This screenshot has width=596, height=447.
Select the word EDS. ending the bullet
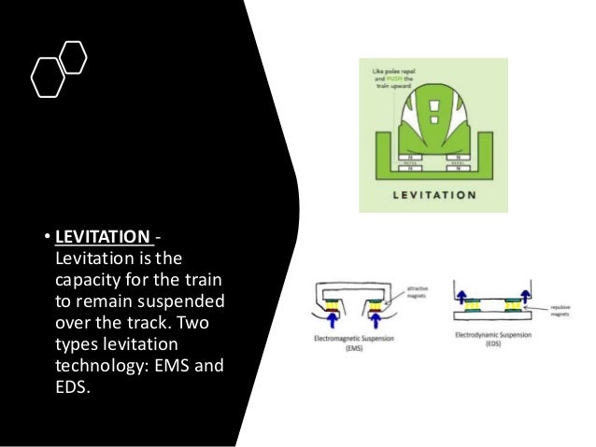74,387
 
